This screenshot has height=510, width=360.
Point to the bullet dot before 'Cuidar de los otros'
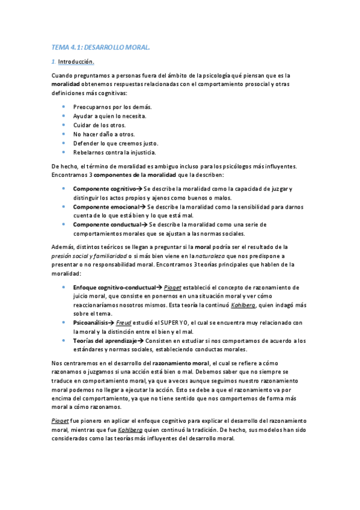click(x=64, y=124)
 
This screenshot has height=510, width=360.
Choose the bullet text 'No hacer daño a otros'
click(x=103, y=134)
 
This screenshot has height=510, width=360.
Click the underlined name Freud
click(x=123, y=323)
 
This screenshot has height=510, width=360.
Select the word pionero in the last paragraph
click(x=93, y=421)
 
